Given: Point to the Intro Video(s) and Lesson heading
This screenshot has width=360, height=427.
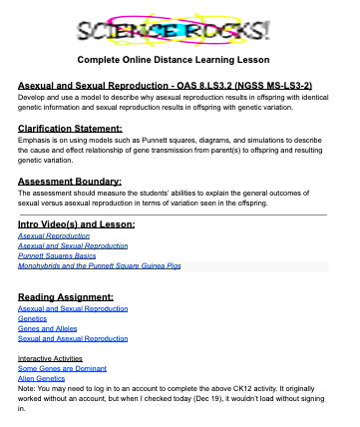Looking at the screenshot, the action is point(76,224).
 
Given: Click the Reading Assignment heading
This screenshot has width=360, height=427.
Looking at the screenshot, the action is point(66,297).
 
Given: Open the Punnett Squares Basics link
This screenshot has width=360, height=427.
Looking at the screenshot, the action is point(58,256).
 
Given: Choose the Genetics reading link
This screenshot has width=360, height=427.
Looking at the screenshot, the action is point(35,320).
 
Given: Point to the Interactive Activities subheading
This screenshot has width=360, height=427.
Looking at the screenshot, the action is point(56,357).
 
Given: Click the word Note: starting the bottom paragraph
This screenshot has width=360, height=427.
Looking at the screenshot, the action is point(28,389).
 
